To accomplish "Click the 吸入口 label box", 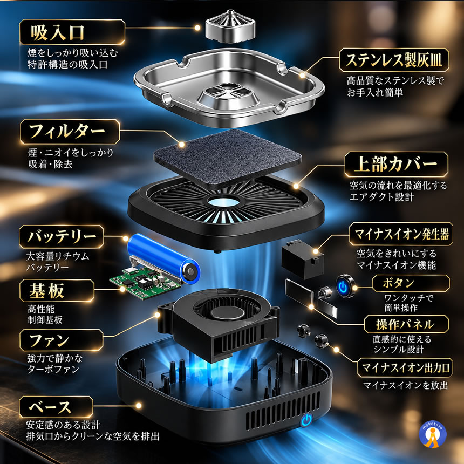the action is [x=72, y=32].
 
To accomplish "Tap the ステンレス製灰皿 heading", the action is [x=394, y=60].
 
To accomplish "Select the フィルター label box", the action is [x=70, y=132].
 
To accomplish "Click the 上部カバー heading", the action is [x=397, y=164].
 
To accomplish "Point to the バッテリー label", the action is [x=62, y=237].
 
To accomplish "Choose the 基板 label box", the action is [x=57, y=291].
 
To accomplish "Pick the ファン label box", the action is [x=62, y=340].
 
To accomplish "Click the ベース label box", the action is [x=56, y=407].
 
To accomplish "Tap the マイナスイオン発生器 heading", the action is [x=401, y=234].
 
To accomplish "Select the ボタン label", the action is [x=411, y=283].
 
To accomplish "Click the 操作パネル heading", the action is [x=406, y=324].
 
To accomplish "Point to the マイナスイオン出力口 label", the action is [x=405, y=367].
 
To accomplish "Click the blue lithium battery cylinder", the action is [x=163, y=258].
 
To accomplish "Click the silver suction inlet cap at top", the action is [x=230, y=26].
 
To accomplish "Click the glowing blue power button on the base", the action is [x=307, y=420].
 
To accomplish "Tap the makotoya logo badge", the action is [x=433, y=434].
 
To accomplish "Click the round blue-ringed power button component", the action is [x=345, y=286].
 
